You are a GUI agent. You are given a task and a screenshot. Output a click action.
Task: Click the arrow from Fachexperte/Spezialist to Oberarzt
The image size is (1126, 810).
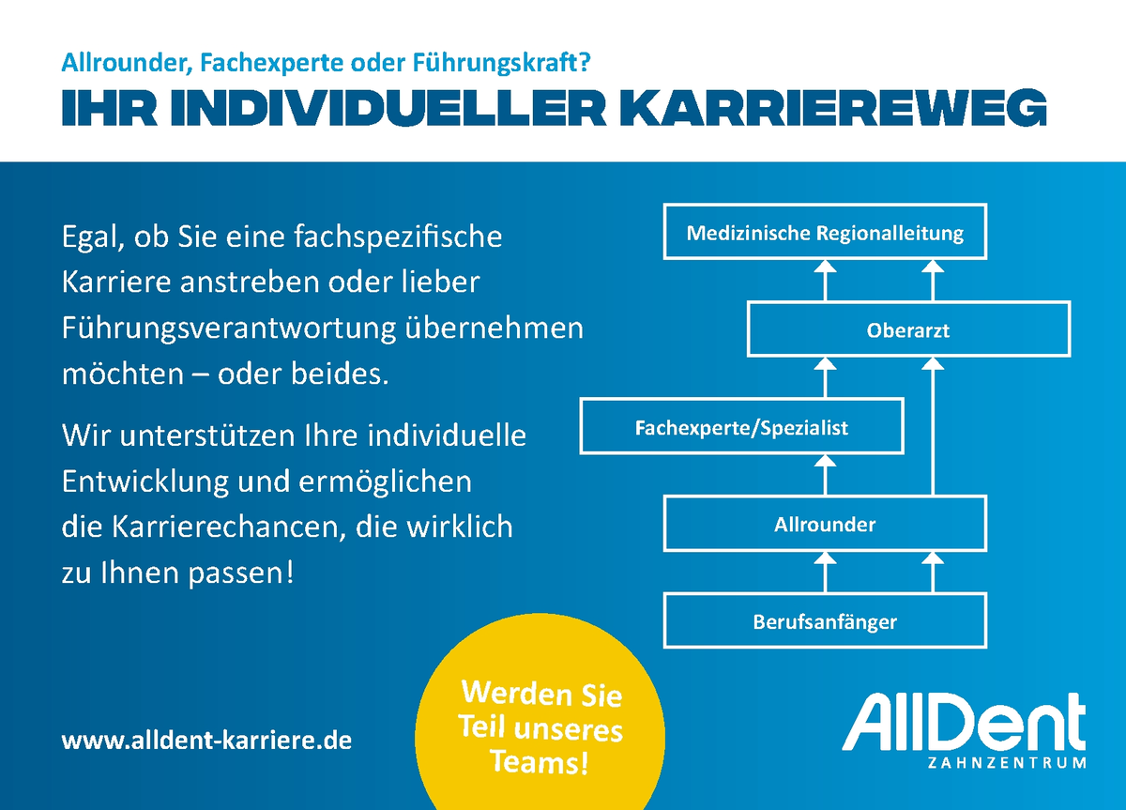[x=825, y=377]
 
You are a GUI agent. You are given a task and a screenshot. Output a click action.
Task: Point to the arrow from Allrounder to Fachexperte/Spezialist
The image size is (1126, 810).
[x=825, y=475]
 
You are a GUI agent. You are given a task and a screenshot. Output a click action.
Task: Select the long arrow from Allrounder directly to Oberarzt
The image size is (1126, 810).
[x=933, y=426]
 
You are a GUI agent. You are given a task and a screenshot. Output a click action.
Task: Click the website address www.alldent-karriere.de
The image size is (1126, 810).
[x=206, y=741]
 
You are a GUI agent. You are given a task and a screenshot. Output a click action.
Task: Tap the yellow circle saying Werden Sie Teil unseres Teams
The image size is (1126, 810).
[x=540, y=724]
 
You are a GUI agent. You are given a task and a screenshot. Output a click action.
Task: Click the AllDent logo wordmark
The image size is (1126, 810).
[x=963, y=722]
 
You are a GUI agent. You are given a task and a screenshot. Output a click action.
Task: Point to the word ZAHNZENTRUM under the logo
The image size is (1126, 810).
[x=1006, y=763]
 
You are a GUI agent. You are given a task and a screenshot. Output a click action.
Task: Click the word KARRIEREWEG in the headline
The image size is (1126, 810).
[x=833, y=108]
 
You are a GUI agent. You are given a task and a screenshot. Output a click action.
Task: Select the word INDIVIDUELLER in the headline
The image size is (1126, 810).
[x=388, y=108]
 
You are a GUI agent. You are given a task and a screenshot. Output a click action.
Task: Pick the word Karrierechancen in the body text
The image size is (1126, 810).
[x=228, y=527]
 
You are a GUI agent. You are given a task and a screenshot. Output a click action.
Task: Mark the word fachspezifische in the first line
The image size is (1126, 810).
[x=398, y=237]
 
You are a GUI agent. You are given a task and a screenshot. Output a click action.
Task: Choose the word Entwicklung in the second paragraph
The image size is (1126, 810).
[x=145, y=482]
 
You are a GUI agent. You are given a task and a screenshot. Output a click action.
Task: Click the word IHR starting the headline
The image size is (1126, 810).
[x=109, y=108]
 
